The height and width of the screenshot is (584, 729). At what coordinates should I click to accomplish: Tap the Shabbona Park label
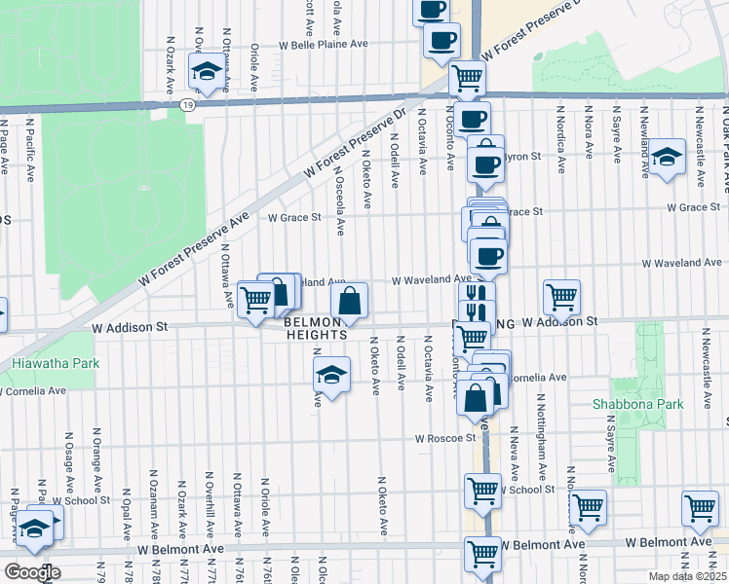pos(630,403)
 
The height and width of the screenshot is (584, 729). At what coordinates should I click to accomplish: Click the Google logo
pos(32,572)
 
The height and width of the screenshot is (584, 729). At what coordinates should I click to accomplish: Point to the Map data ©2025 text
pos(686,576)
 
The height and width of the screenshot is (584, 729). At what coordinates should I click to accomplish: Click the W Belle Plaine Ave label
pos(324,45)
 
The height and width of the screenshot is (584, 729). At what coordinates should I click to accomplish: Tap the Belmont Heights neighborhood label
pos(316,327)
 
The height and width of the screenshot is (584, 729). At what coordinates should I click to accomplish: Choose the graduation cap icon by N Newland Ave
pos(667,158)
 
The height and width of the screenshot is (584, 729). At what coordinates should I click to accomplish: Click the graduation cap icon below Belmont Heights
pos(331,376)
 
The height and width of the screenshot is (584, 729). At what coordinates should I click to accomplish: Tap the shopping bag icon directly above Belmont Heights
pos(350,303)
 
